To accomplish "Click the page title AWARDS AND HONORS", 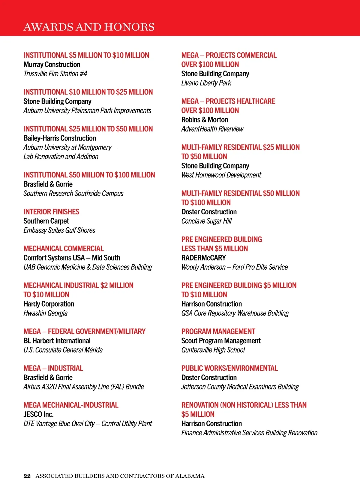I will click(89, 27).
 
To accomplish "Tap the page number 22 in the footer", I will click(27, 476).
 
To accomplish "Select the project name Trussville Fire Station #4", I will click(55, 74).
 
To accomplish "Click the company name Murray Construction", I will click(52, 65).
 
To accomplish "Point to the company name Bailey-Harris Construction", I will click(60, 138).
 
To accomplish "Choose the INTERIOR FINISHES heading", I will click(51, 212).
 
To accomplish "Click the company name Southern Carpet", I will click(46, 221).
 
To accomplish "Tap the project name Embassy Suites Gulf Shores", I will click(59, 230).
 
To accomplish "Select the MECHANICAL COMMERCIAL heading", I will click(64, 249).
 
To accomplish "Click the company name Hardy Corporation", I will click(49, 304).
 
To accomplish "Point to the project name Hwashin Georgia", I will click(45, 313).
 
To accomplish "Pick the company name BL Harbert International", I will click(57, 341).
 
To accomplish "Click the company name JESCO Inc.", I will click(38, 414).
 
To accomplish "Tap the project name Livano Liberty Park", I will click(206, 83).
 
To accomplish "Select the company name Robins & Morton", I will click(205, 120).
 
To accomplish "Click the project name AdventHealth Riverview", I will click(212, 129).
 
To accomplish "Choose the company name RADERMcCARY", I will click(203, 258).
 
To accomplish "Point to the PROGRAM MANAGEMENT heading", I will click(218, 331).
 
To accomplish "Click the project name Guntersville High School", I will click(213, 350).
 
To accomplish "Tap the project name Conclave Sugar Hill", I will click(206, 221).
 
